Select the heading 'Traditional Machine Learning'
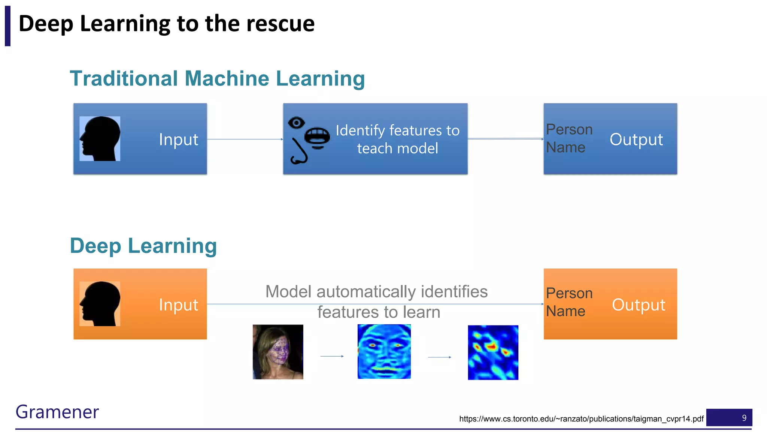point(217,79)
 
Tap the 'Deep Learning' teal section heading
point(143,246)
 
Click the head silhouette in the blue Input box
point(100,139)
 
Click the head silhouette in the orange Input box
point(100,304)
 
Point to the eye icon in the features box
point(296,123)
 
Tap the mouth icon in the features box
point(317,137)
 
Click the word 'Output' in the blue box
point(636,139)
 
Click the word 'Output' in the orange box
point(639,305)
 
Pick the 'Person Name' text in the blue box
point(569,138)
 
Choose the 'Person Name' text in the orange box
point(569,302)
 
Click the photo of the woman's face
point(278,352)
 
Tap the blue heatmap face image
point(384,352)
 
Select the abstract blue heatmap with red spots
point(493,352)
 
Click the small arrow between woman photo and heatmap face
point(332,356)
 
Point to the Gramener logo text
point(57,412)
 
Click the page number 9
point(744,418)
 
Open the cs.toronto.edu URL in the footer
point(581,419)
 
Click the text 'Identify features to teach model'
point(397,139)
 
